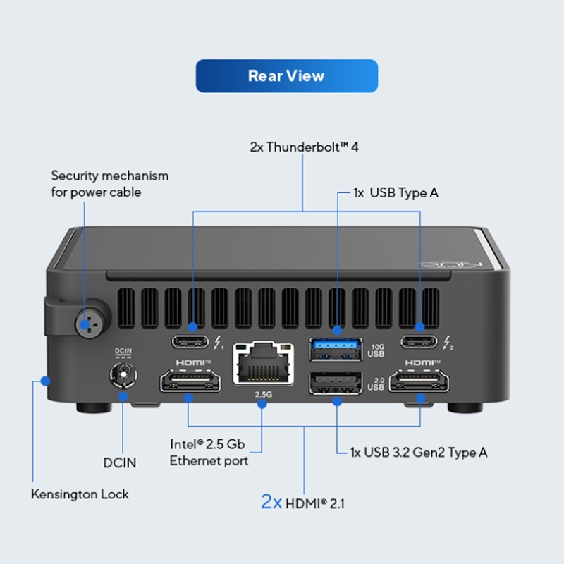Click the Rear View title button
pos(286,76)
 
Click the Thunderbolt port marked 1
pos(192,343)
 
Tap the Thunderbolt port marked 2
pos(420,343)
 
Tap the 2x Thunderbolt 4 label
pos(305,147)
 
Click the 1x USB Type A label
pos(396,192)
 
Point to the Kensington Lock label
pos(80,494)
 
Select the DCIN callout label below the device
pos(120,463)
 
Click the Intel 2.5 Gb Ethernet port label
pos(208,453)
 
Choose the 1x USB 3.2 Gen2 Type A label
pos(419,453)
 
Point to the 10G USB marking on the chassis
pos(376,350)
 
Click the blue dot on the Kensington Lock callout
pos(45,381)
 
